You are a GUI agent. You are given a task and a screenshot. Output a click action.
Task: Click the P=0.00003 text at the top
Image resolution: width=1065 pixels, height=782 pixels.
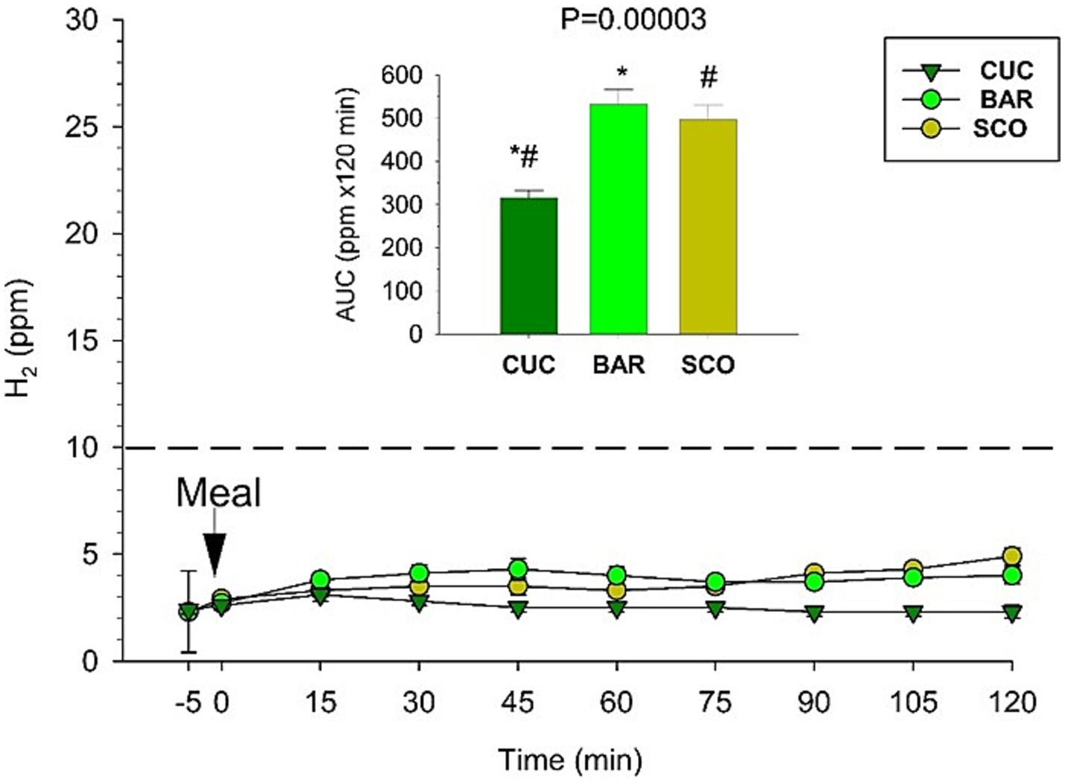(633, 19)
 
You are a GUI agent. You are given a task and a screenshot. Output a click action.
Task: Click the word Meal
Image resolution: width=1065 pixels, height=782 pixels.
(218, 494)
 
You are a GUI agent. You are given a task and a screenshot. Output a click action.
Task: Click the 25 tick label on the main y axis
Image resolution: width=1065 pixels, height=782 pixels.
(83, 127)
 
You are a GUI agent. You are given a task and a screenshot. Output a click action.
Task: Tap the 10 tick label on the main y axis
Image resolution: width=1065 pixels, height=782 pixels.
(83, 447)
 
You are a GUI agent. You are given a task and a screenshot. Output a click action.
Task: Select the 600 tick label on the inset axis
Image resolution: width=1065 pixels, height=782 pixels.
(401, 75)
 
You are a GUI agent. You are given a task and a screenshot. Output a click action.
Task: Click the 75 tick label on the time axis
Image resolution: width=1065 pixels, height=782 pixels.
(715, 702)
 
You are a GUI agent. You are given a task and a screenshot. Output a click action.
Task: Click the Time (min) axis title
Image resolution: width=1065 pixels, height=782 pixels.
(569, 760)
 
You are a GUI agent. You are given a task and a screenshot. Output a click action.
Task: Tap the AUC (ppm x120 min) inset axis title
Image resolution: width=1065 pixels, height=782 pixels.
(347, 204)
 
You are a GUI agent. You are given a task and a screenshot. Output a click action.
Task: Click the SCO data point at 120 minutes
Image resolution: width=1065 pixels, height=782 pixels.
(1011, 556)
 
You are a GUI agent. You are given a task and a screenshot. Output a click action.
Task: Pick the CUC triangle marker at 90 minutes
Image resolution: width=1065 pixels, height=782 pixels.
(814, 614)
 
